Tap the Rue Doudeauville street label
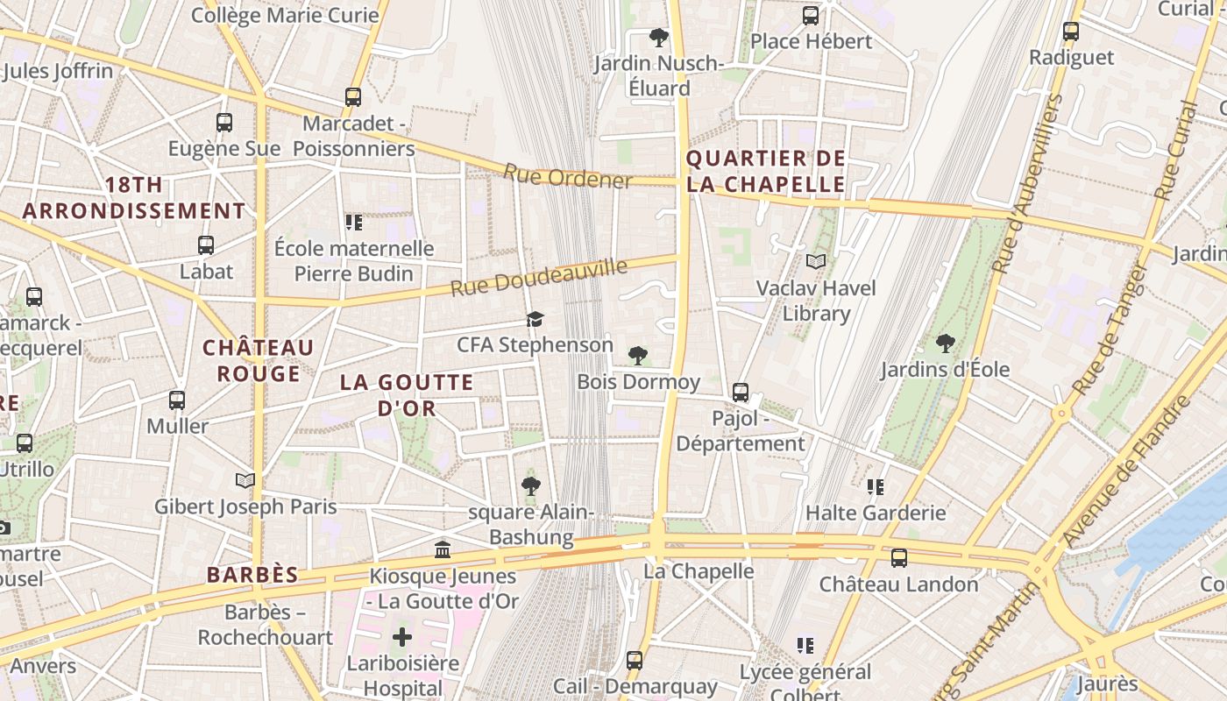click(x=539, y=277)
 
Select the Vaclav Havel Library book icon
click(x=816, y=261)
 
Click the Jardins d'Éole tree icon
click(x=945, y=343)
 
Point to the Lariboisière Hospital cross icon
click(x=402, y=636)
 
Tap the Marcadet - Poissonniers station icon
click(x=353, y=97)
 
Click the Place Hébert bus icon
click(x=811, y=16)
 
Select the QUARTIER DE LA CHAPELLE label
click(x=766, y=172)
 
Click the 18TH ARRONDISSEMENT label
click(x=134, y=198)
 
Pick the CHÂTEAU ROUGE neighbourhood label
click(x=259, y=361)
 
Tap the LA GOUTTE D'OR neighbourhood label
click(x=407, y=395)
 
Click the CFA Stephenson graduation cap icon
click(x=535, y=319)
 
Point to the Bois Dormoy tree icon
click(x=638, y=356)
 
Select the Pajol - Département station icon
click(x=741, y=392)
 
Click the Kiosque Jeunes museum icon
click(x=443, y=550)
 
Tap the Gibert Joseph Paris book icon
click(x=245, y=480)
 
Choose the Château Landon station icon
click(x=898, y=558)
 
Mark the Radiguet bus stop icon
click(x=1071, y=32)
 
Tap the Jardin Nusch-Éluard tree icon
click(x=659, y=38)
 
